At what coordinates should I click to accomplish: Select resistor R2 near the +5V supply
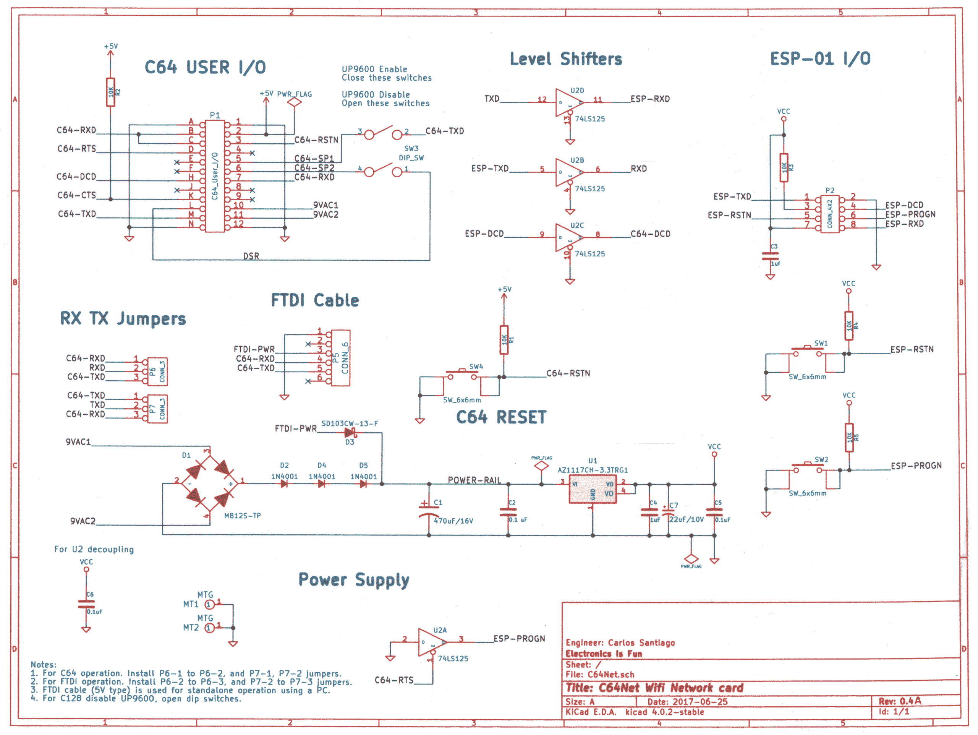(x=110, y=92)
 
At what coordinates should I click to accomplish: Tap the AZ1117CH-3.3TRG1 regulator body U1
(x=593, y=489)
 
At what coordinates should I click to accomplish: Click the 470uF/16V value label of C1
(x=453, y=521)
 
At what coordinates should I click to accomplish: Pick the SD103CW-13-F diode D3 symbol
(x=350, y=433)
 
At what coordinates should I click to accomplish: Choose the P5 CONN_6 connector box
(x=340, y=358)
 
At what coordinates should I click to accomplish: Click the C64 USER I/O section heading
(x=205, y=68)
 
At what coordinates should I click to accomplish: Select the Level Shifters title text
(x=566, y=59)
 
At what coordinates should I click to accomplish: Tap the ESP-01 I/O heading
(x=820, y=59)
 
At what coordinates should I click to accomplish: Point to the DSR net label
(x=251, y=256)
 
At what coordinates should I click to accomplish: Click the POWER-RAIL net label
(x=474, y=480)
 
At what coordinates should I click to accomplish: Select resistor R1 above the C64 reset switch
(x=504, y=340)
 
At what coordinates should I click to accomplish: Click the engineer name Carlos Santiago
(x=641, y=643)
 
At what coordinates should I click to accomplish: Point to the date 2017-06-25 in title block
(x=700, y=702)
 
